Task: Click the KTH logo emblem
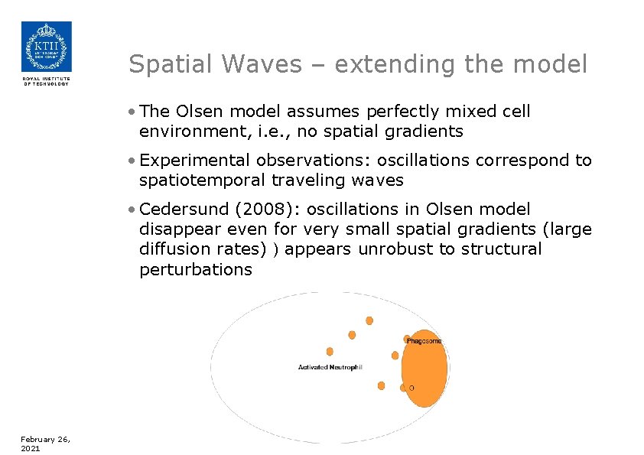pyautogui.click(x=46, y=47)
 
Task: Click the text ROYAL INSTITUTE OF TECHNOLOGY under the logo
pyautogui.click(x=46, y=81)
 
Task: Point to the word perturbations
pyautogui.click(x=196, y=269)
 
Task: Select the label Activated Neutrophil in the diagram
pyautogui.click(x=330, y=368)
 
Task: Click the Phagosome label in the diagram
pyautogui.click(x=424, y=341)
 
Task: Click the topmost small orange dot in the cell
pyautogui.click(x=369, y=320)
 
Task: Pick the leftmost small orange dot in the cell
pyautogui.click(x=330, y=352)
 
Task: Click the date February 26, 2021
pyautogui.click(x=45, y=444)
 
